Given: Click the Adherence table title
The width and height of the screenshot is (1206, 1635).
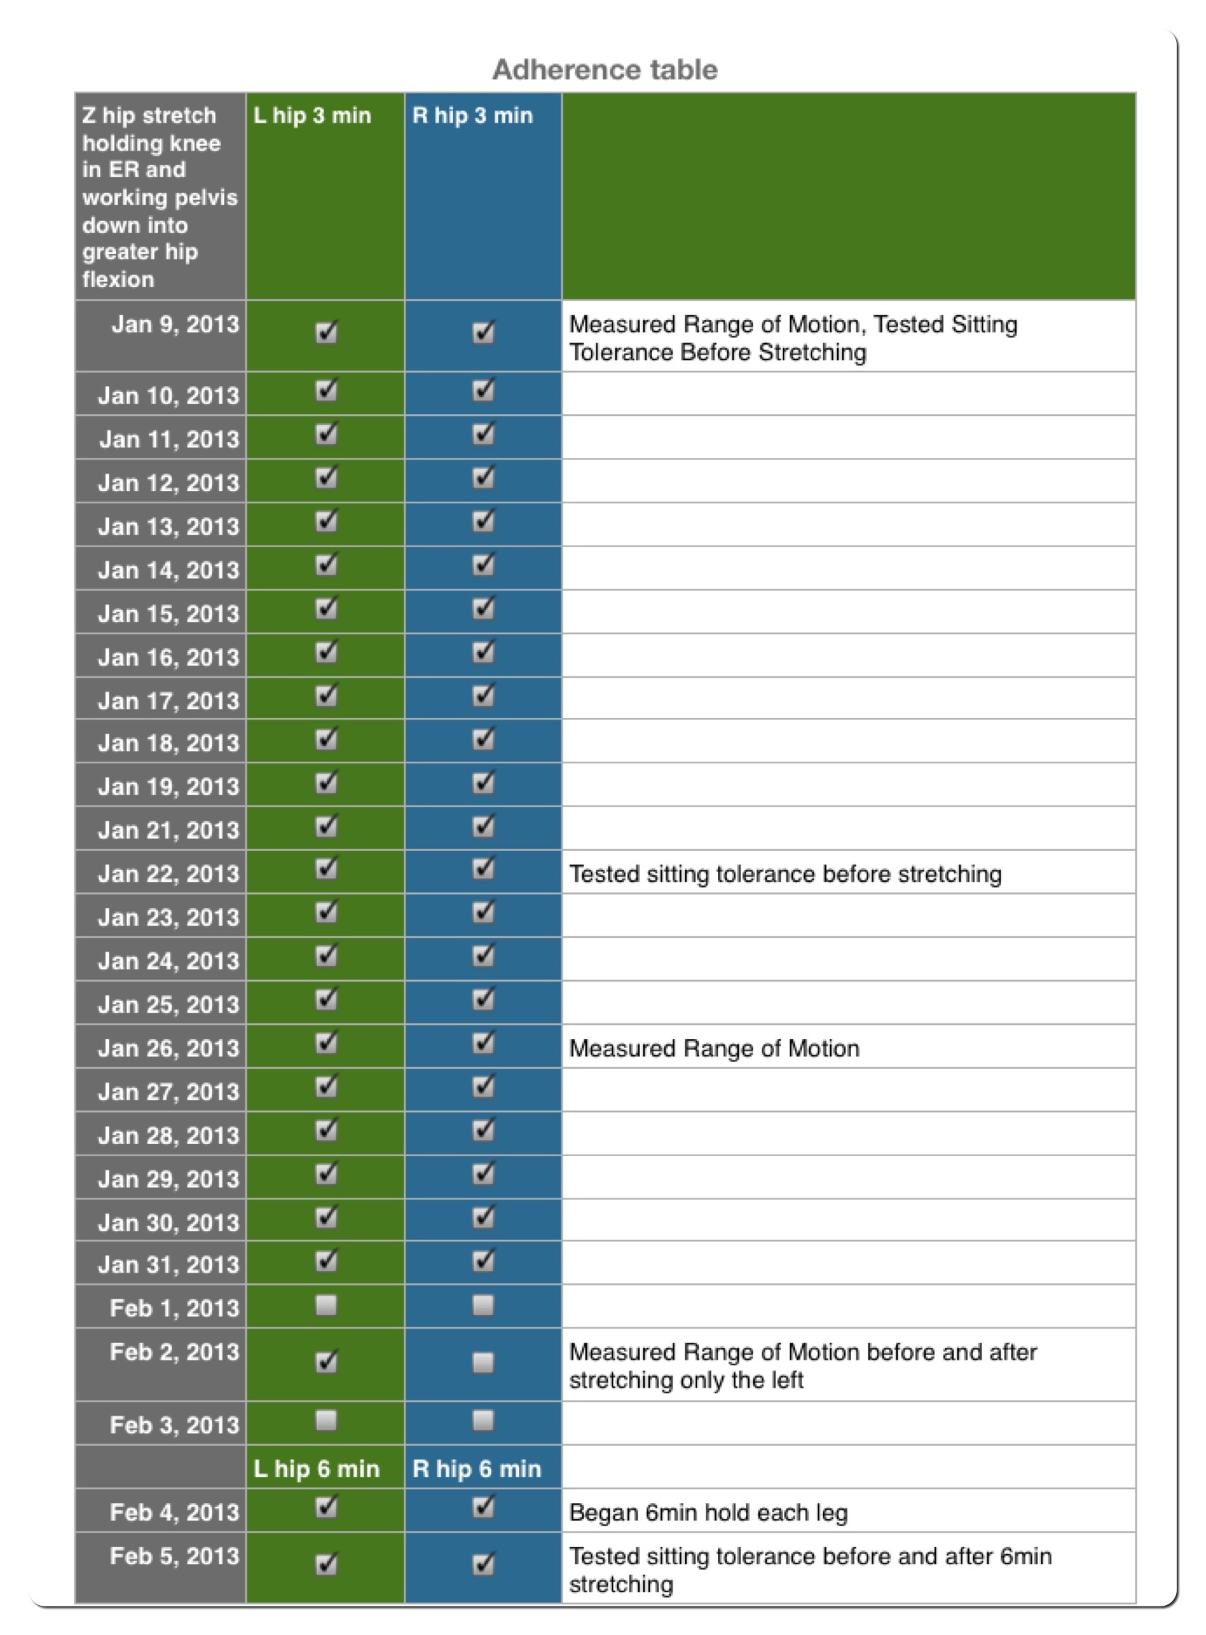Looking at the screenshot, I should [x=604, y=70].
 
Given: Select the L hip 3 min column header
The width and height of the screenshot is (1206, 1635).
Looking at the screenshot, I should [x=312, y=116].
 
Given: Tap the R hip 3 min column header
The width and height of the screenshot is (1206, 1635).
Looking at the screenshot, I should [x=472, y=116].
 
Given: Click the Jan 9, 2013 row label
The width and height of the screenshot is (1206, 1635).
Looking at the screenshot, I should [x=175, y=324].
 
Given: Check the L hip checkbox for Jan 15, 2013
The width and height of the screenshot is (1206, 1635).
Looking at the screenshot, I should [x=326, y=609].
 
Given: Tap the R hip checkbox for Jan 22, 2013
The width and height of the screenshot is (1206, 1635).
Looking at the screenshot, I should [x=482, y=869].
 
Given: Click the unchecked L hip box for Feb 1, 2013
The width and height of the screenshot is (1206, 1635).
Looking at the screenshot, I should [x=326, y=1305].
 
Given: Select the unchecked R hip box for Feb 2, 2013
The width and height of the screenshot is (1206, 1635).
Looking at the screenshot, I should [x=482, y=1362].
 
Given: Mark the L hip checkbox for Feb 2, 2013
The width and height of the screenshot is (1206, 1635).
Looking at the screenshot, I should [x=326, y=1362].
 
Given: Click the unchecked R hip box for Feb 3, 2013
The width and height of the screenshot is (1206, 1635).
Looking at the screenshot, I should [x=482, y=1420].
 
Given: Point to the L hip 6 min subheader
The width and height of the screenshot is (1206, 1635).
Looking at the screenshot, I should [x=316, y=1468].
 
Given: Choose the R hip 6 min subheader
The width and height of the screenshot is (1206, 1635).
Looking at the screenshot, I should [x=477, y=1468].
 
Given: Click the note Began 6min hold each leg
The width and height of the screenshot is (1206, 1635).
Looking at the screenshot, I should [x=708, y=1512].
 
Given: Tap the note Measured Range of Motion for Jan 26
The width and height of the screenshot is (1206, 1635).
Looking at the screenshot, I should [x=714, y=1048].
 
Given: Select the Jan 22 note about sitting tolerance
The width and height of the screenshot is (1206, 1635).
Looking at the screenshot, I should [x=785, y=873].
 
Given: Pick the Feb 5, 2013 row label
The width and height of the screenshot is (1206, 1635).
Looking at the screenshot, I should [x=174, y=1555].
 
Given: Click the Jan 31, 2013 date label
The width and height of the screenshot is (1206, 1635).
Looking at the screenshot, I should [x=169, y=1264].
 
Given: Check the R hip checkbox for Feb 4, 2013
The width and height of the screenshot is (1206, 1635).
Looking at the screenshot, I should [x=482, y=1507].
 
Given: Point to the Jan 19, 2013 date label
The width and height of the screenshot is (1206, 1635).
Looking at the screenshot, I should [x=169, y=786].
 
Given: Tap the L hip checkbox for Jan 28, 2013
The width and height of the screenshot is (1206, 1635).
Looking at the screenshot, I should [x=326, y=1131].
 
